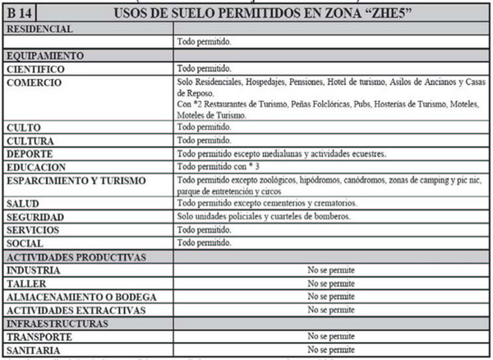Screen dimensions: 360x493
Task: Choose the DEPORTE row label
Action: (x=30, y=154)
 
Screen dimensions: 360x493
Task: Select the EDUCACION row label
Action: (x=36, y=167)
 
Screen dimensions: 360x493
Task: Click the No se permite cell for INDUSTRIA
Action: (x=330, y=270)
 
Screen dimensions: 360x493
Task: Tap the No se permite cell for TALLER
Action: (x=330, y=283)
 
